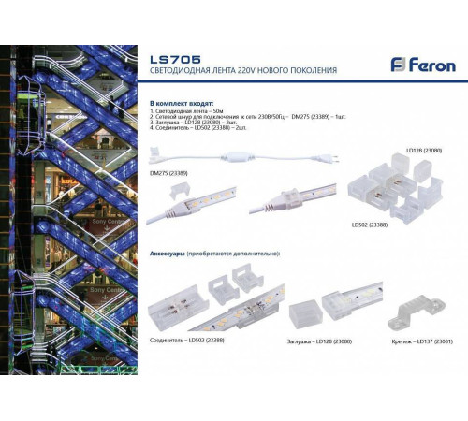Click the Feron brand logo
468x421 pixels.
[x=423, y=65]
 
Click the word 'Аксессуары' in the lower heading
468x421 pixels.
[x=168, y=254]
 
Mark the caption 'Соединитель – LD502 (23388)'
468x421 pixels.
[x=187, y=340]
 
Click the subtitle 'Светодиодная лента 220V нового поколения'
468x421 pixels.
[x=242, y=71]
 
